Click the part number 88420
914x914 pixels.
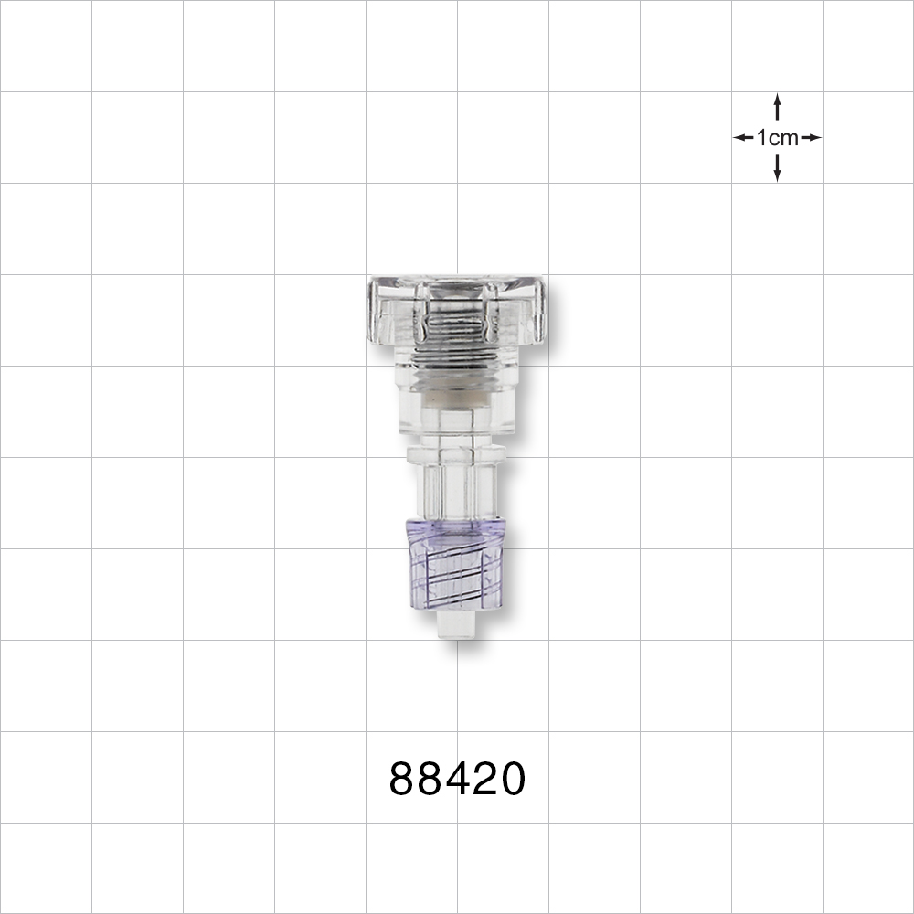[457, 780]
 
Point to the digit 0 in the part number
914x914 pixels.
[511, 780]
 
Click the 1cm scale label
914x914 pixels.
[777, 138]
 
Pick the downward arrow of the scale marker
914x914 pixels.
[777, 169]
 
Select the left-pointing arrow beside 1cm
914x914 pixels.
[743, 138]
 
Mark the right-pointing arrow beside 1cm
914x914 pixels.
[811, 138]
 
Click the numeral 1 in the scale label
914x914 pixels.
[761, 138]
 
